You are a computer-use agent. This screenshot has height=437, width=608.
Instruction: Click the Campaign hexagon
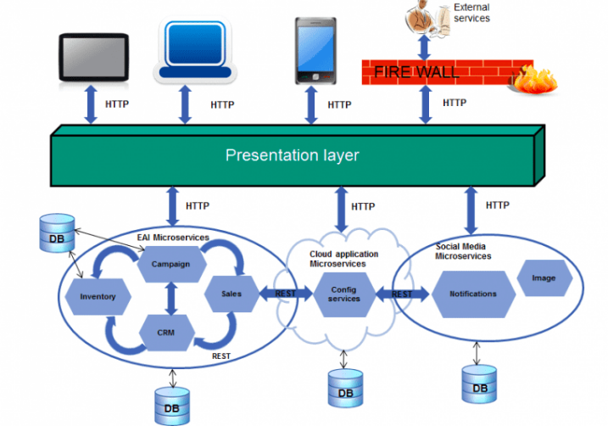pos(170,264)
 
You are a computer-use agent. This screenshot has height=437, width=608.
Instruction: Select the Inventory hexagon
pos(98,296)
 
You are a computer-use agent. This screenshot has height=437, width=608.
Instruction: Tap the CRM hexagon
pos(165,332)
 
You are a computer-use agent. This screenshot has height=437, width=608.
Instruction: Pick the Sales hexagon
pos(231,294)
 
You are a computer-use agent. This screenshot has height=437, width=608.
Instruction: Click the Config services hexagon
pos(343,294)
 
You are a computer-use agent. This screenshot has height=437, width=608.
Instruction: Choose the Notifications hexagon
pos(472,294)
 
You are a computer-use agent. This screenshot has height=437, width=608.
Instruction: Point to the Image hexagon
pos(544,278)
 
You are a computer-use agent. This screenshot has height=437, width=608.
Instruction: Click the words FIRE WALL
pos(416,72)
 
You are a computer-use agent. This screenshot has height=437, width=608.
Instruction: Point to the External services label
pos(472,13)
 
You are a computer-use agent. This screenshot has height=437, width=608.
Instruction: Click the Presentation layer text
pos(292,155)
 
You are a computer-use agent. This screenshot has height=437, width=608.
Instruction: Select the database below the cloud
pos(345,389)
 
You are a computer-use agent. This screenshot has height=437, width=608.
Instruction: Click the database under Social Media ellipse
pos(479,384)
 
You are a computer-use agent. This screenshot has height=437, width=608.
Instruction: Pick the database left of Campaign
pos(56,232)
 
